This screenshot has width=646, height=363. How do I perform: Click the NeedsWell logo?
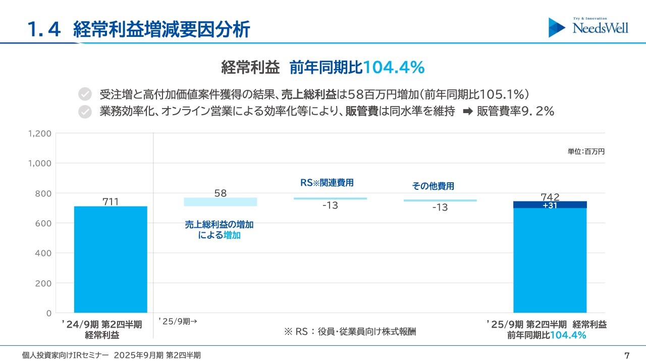click(x=588, y=27)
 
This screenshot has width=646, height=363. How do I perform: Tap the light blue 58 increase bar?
click(x=220, y=202)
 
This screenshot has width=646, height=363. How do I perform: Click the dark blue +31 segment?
click(x=550, y=204)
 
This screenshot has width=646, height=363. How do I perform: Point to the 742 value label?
click(x=550, y=196)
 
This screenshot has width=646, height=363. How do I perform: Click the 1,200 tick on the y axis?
click(x=40, y=134)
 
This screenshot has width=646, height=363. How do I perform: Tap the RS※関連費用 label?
click(x=327, y=183)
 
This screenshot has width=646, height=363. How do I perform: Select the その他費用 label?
click(x=433, y=186)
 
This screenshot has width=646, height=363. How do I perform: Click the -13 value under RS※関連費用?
click(x=330, y=205)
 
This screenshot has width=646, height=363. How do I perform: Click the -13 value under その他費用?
click(x=440, y=208)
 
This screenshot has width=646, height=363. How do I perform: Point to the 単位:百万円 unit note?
click(x=586, y=151)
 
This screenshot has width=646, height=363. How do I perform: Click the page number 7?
click(x=627, y=355)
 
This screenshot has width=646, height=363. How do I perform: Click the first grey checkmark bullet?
click(x=85, y=94)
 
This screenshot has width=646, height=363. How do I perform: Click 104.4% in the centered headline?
click(x=394, y=67)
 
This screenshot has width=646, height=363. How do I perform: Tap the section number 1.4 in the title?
click(x=44, y=30)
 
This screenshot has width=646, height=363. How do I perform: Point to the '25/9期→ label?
click(x=177, y=321)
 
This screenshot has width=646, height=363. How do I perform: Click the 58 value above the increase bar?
click(x=221, y=193)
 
